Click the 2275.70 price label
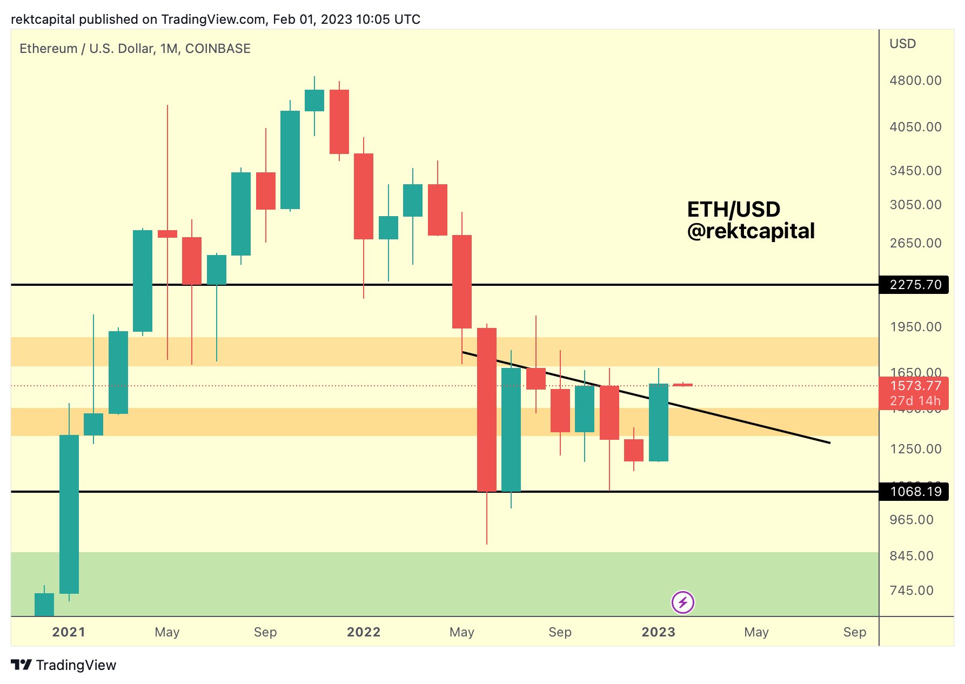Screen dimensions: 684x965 [914, 285]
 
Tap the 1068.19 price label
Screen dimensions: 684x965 [914, 492]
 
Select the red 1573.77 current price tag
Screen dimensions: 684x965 [914, 386]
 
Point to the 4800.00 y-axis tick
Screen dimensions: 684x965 [915, 81]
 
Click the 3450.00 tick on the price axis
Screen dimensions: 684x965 [915, 171]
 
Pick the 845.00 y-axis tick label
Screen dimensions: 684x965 [912, 556]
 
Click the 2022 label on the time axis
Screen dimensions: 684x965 [364, 632]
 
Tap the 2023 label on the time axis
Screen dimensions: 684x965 [658, 632]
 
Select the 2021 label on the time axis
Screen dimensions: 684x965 [69, 632]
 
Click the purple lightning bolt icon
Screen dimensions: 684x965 [682, 602]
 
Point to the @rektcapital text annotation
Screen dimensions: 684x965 [750, 231]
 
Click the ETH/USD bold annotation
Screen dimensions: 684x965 [733, 209]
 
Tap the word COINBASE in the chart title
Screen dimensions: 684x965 [218, 49]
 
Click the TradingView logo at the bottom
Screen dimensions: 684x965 [64, 665]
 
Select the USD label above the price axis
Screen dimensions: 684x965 [902, 44]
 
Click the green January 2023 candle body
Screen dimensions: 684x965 [658, 423]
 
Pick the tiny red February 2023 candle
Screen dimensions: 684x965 [682, 385]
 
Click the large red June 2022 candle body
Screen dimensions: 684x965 [486, 410]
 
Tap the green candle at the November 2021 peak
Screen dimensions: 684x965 [314, 100]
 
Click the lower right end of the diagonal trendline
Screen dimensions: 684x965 [828, 442]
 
